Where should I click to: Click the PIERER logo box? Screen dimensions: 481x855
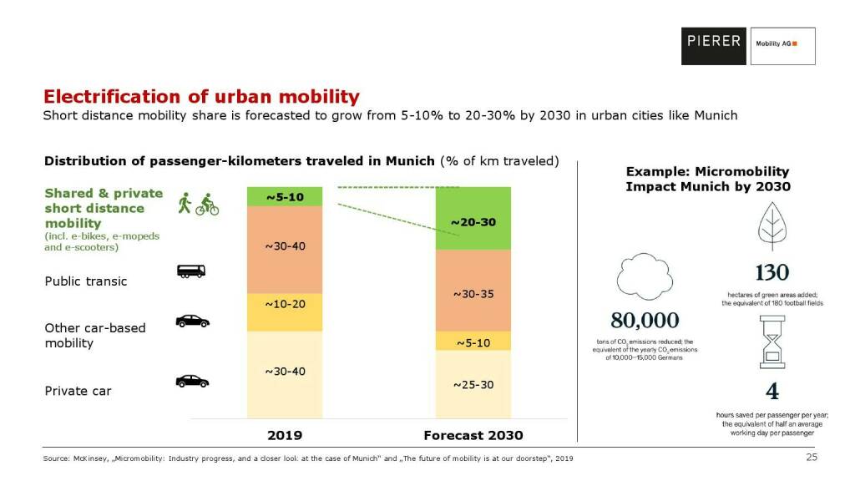point(713,46)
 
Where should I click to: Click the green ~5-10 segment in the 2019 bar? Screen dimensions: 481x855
point(284,197)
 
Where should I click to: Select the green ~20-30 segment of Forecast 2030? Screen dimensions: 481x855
point(473,219)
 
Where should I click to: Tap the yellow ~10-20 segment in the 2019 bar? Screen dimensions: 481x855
point(284,312)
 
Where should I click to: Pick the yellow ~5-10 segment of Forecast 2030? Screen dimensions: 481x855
point(473,341)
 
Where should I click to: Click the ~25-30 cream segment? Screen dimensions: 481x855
point(473,383)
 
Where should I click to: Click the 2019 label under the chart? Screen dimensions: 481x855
point(284,435)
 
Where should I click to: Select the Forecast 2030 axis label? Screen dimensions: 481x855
point(473,435)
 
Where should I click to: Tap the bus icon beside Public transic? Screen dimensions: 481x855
point(191,271)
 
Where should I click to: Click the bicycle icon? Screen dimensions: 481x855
point(207,206)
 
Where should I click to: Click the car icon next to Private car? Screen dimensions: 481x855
point(192,381)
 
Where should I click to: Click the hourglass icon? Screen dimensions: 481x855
point(772,348)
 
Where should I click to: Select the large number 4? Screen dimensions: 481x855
point(772,392)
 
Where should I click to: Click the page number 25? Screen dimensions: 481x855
point(811,458)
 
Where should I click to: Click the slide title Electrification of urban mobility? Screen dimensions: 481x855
point(201,96)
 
